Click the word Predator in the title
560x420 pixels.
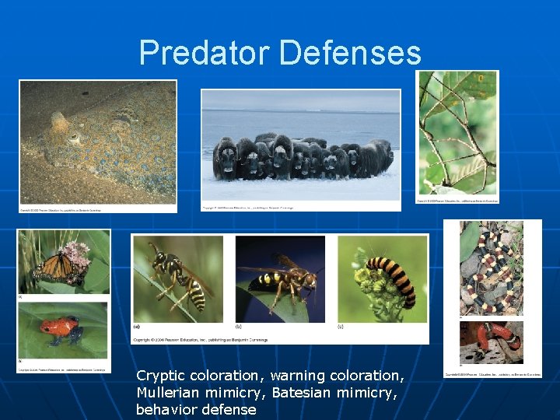click(204, 53)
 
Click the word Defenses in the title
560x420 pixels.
click(349, 53)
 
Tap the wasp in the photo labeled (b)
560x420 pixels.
click(281, 279)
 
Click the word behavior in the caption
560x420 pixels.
click(166, 409)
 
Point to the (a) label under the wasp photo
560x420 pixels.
click(137, 327)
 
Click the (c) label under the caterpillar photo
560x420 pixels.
click(341, 327)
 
